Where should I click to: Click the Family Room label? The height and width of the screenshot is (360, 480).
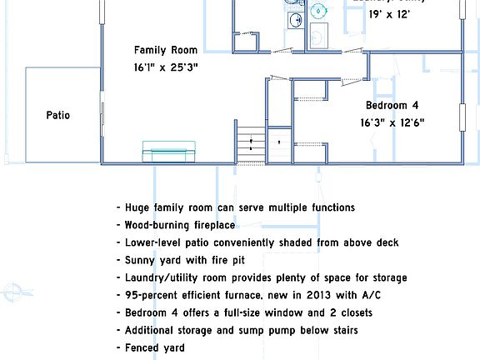[x=166, y=50]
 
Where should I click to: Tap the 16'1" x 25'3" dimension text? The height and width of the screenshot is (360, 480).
[x=166, y=67]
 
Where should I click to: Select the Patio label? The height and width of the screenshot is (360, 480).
[x=58, y=115]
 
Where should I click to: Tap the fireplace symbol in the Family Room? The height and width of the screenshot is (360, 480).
[x=169, y=152]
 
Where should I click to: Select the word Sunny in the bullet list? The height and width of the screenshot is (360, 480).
[x=141, y=260]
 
